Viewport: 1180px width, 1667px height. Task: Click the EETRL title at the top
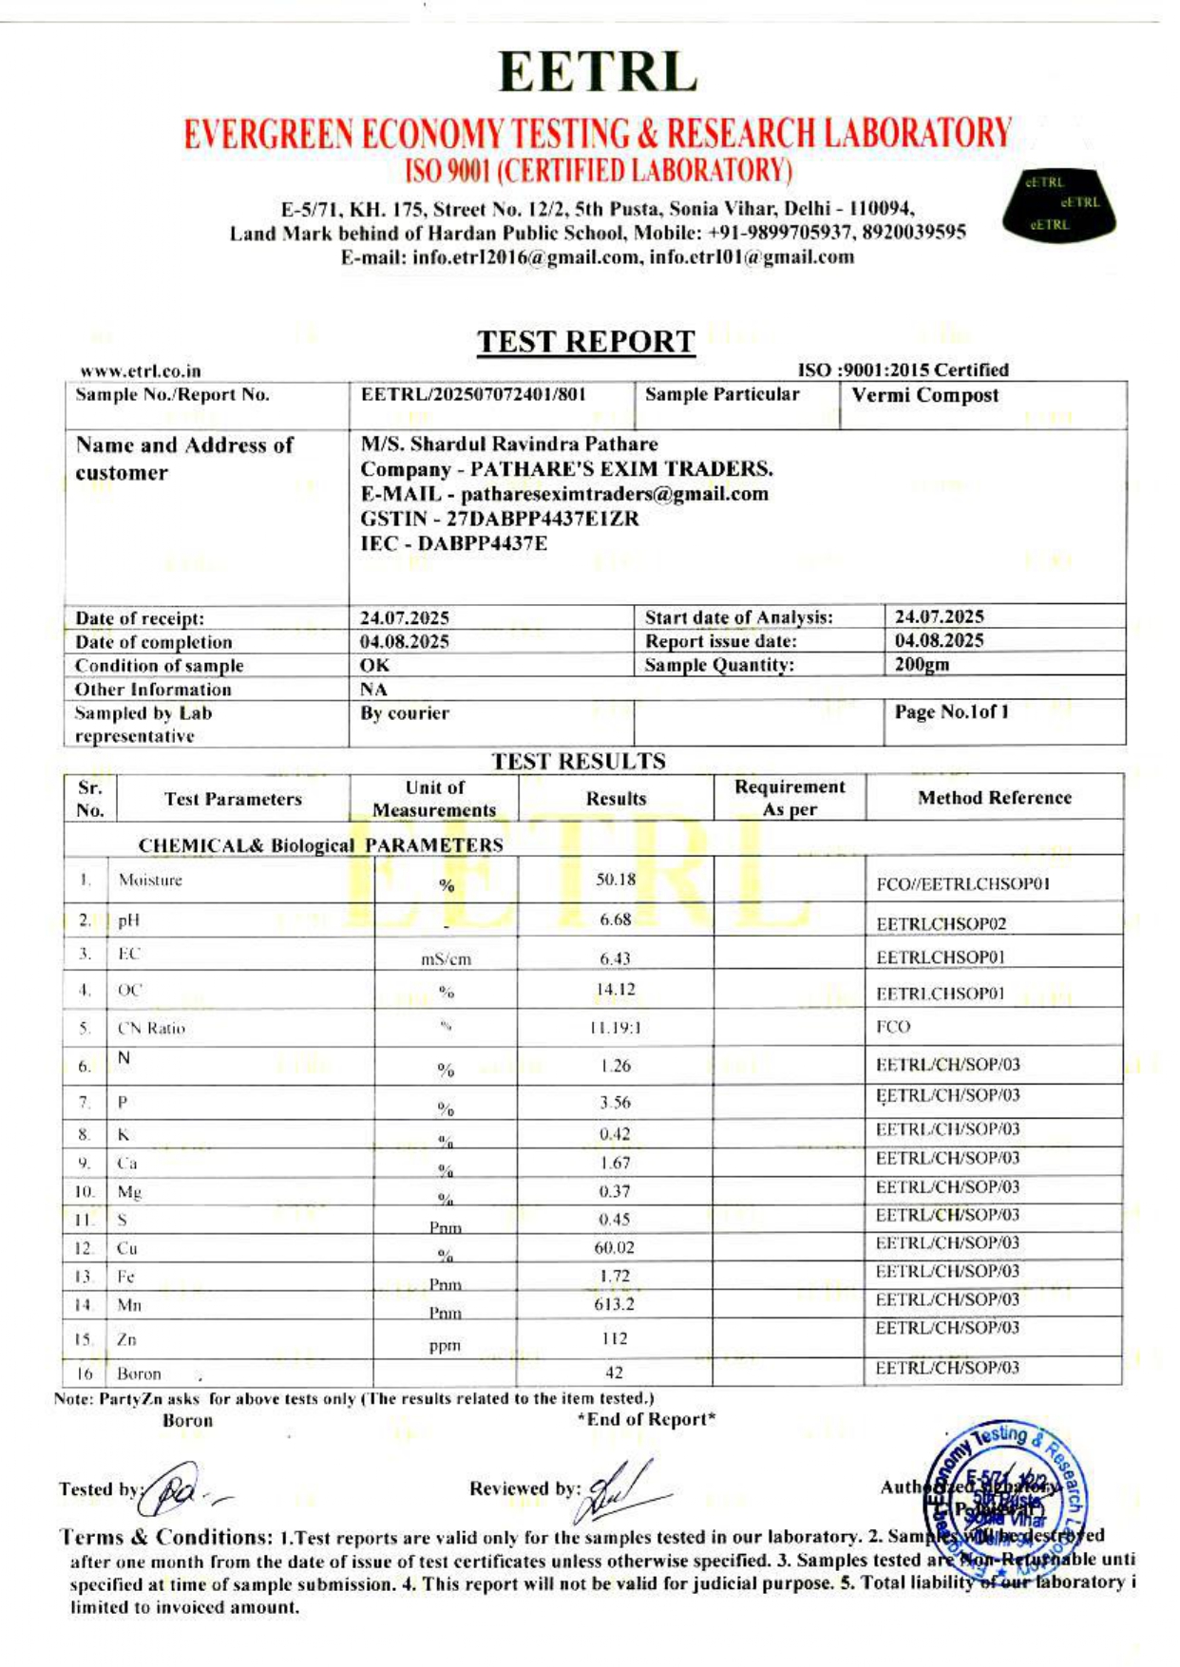[597, 72]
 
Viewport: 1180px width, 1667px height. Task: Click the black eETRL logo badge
[1059, 204]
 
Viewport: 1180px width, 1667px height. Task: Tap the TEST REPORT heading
[586, 341]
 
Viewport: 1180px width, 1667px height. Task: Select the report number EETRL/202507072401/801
[472, 394]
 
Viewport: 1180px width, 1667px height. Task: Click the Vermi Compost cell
[924, 395]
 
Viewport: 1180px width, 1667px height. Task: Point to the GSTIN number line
[499, 519]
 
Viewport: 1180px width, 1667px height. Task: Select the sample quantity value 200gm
[922, 665]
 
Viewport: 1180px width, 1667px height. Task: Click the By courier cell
[405, 713]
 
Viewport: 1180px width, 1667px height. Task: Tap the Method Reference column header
[994, 798]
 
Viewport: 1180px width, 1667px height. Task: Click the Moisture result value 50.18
[616, 880]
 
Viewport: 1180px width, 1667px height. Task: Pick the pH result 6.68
[616, 919]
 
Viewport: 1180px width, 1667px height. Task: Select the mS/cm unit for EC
[446, 959]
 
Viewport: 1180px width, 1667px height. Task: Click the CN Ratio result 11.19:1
[615, 1028]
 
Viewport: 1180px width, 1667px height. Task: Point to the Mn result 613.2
[614, 1304]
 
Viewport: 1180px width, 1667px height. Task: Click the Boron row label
[139, 1373]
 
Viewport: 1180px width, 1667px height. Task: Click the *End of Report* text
[646, 1419]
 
